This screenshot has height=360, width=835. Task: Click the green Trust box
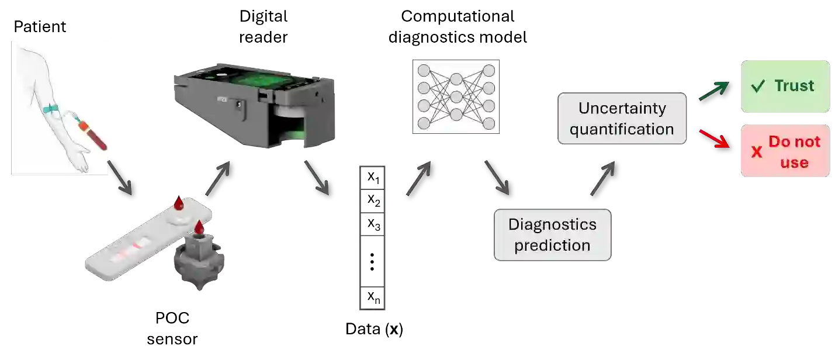(x=785, y=86)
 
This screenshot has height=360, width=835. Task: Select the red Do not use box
(x=785, y=151)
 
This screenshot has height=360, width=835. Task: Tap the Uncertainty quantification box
(x=622, y=119)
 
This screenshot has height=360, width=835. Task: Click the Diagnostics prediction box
(x=552, y=234)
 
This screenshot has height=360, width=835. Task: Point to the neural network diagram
(x=456, y=96)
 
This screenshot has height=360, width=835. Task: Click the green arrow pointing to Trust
(x=715, y=91)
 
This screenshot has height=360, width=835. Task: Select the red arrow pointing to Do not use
(x=715, y=138)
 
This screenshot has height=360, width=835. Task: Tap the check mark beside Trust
(x=758, y=87)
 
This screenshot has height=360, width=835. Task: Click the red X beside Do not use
(x=757, y=153)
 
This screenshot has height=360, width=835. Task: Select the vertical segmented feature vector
(x=371, y=238)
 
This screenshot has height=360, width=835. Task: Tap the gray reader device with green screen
(x=255, y=105)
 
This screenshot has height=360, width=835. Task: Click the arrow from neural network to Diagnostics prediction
(x=497, y=178)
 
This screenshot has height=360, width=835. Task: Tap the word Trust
(x=794, y=86)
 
